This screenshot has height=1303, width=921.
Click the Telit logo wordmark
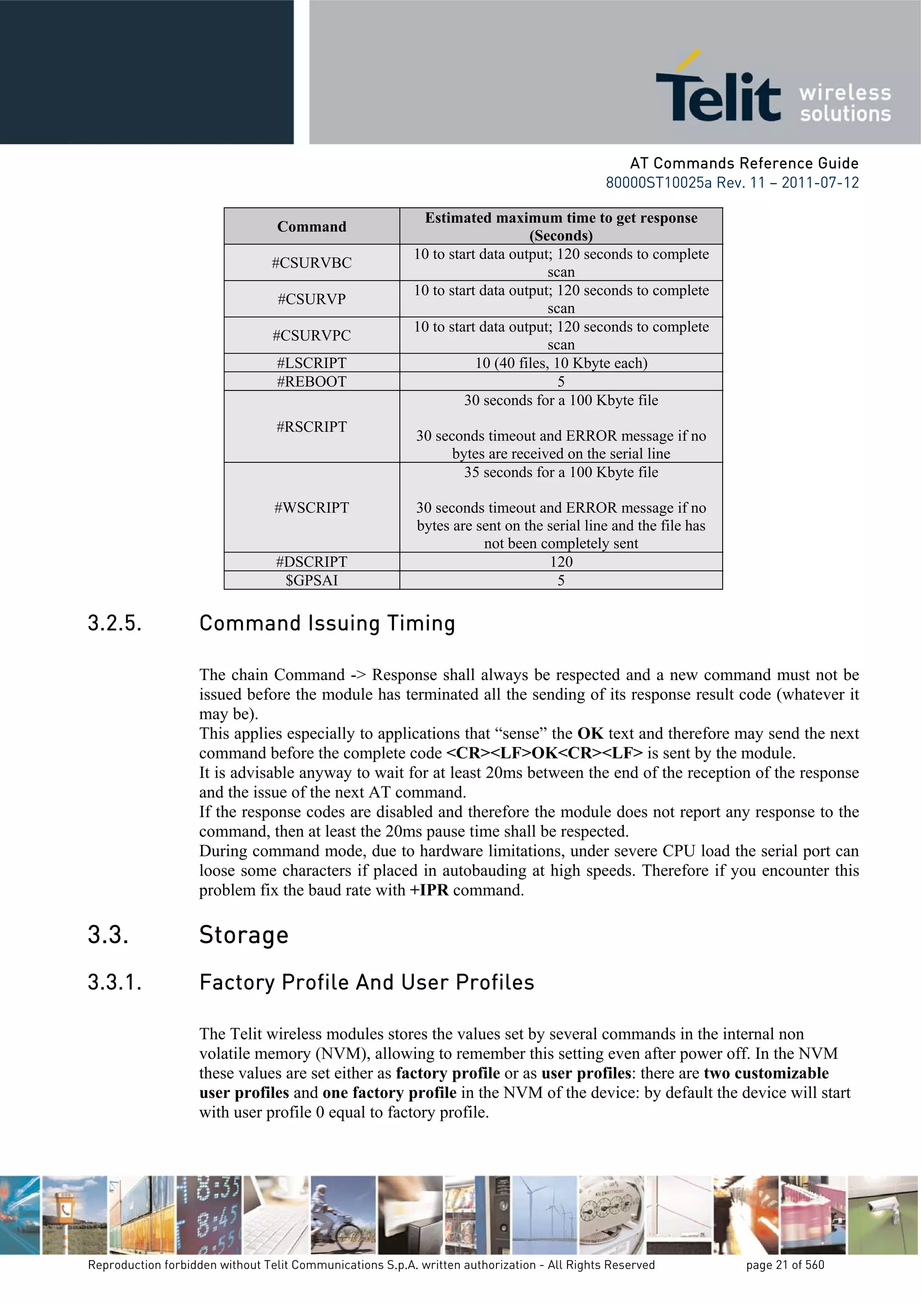[x=718, y=96]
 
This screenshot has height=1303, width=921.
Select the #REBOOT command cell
[x=312, y=381]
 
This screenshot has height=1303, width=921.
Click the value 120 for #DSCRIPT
[x=561, y=561]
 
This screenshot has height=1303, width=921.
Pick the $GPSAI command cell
[x=312, y=580]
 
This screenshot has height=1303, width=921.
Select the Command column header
[x=312, y=226]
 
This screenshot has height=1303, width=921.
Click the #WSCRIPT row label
[x=312, y=507]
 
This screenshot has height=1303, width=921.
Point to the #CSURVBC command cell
[x=312, y=263]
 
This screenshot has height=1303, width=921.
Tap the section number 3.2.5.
[x=115, y=623]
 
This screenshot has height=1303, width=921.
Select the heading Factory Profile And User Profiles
[x=367, y=982]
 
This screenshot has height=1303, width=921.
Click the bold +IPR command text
[x=429, y=890]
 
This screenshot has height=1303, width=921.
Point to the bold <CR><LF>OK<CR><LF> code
[x=545, y=753]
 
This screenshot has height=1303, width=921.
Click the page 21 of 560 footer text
[x=785, y=1265]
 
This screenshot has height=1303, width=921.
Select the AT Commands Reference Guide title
[x=744, y=163]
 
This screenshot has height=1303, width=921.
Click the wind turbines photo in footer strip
[x=545, y=1214]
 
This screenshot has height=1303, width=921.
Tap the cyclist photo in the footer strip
[x=343, y=1214]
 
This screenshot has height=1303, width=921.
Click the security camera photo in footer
[x=883, y=1214]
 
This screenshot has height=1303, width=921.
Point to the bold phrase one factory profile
[x=389, y=1093]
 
